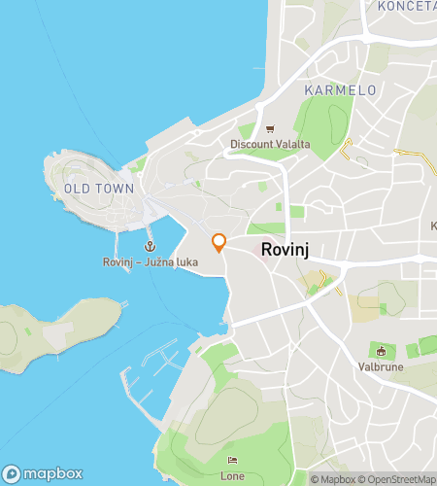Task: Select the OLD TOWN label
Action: pos(98,188)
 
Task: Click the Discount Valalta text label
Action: pos(270,145)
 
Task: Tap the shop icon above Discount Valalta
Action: pos(270,128)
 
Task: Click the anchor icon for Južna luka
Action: pos(151,247)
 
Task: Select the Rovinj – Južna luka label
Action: pos(150,262)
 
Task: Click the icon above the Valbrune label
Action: pos(382,350)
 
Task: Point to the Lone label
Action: pos(232,475)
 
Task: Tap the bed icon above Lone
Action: pos(232,460)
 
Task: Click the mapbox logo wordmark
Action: pos(52,473)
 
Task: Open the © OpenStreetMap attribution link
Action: pos(397,479)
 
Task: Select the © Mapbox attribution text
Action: pos(333,479)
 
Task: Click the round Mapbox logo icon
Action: pos(12,473)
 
